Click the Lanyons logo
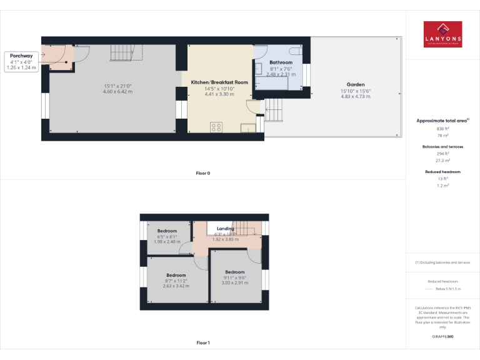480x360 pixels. (x=442, y=35)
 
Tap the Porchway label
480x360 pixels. (x=21, y=56)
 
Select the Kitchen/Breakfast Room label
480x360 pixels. (x=219, y=82)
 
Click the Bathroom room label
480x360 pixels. (x=281, y=62)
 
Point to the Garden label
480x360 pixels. (x=356, y=84)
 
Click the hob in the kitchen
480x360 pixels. (x=217, y=127)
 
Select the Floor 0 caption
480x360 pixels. (x=202, y=172)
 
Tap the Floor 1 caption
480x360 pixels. (x=202, y=342)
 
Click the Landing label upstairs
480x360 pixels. (x=225, y=229)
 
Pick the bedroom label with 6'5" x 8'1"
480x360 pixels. (x=167, y=231)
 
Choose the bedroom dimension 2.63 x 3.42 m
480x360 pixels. (x=176, y=287)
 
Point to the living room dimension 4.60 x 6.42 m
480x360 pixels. (x=117, y=92)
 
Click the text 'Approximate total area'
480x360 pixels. (x=441, y=120)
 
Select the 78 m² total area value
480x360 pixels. (x=442, y=135)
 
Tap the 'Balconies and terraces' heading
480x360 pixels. (x=442, y=147)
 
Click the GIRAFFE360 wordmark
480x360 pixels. (x=442, y=337)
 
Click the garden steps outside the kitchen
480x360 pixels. (x=274, y=112)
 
